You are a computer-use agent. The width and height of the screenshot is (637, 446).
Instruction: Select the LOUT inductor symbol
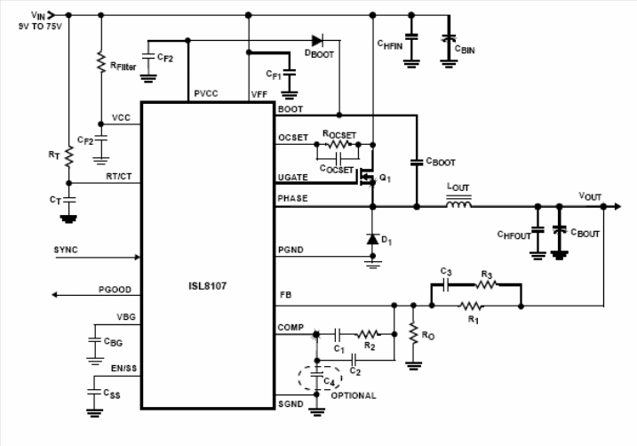pos(458,206)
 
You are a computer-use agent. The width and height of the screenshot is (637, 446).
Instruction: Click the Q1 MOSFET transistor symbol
pos(366,178)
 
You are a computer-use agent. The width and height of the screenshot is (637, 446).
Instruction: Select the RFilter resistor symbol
pos(100,62)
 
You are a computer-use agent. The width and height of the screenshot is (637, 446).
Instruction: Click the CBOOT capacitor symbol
pos(416,162)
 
